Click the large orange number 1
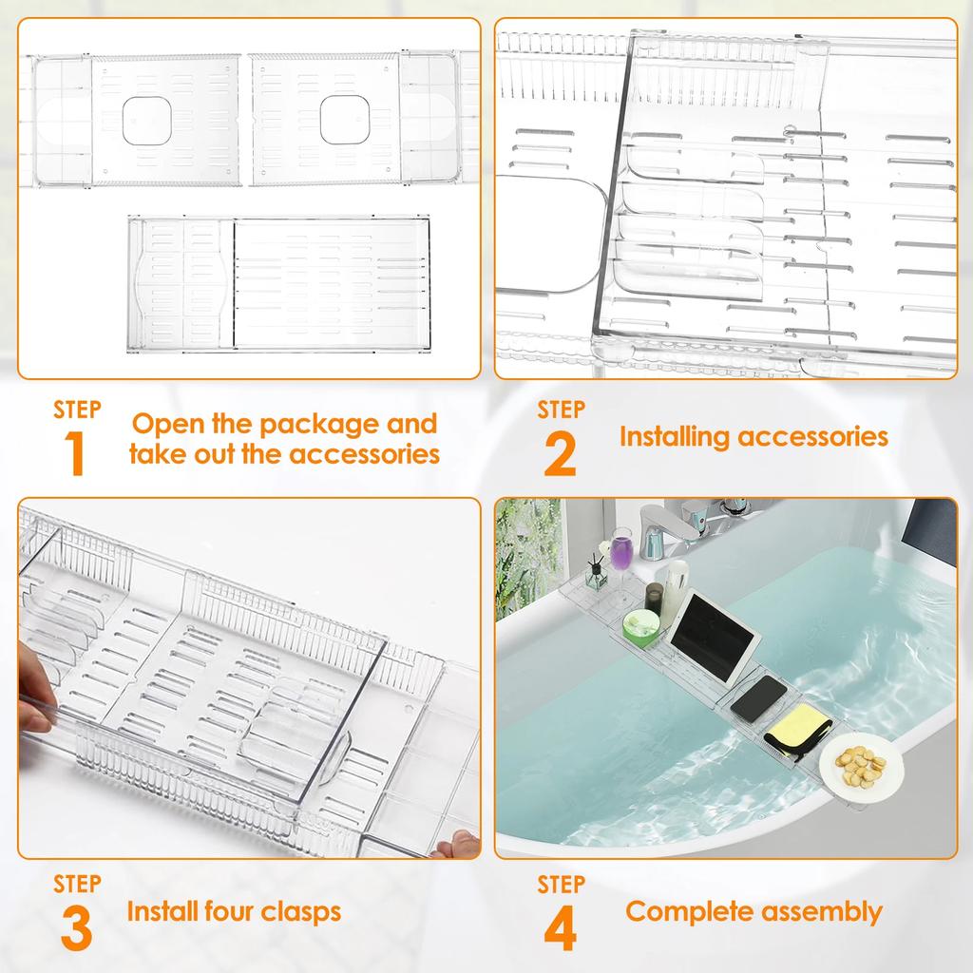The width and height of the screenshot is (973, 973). coord(75,454)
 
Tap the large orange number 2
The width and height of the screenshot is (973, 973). coord(560,454)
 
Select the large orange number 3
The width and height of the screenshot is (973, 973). coord(76,929)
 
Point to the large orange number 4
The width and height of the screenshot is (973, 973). coord(560,929)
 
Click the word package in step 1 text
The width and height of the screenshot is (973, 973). coord(311,424)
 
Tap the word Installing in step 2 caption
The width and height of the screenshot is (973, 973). coord(675,436)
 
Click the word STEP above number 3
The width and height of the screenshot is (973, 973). coord(77,884)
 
